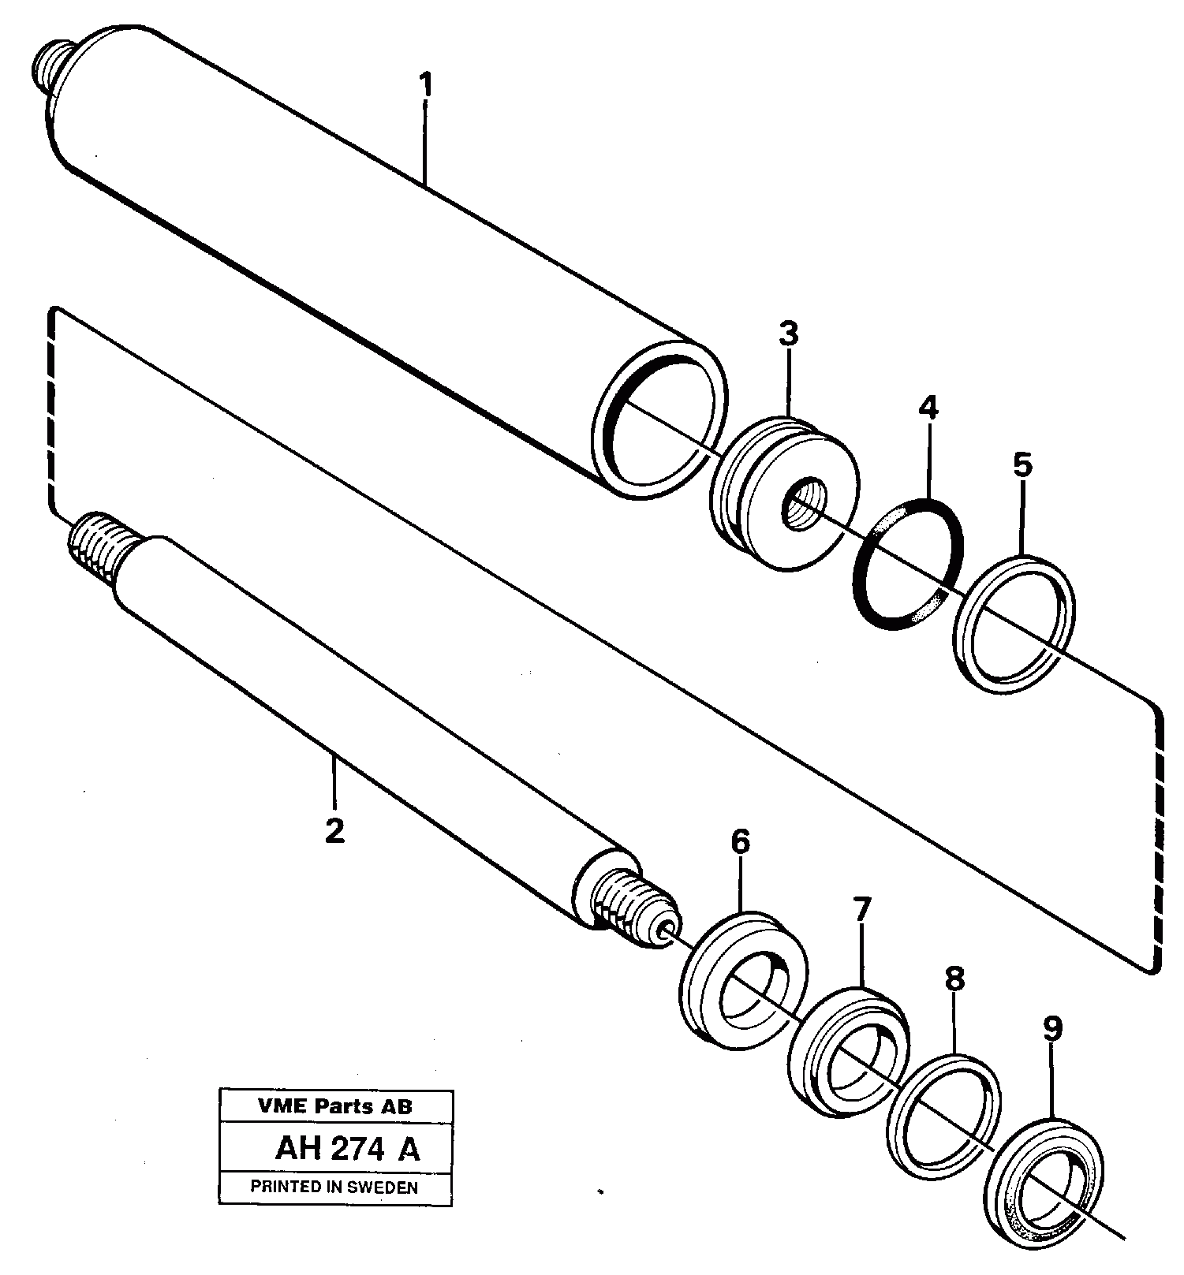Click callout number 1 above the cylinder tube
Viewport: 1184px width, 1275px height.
coord(425,85)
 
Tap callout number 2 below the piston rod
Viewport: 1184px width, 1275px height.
coord(335,830)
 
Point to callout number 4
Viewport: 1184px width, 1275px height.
coord(928,408)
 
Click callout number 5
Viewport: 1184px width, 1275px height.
coord(1022,465)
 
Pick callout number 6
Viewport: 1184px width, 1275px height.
coord(740,841)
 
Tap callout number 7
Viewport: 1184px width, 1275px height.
coord(861,909)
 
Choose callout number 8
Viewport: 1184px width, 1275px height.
coord(954,979)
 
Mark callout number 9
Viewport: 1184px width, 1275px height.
coord(1052,1028)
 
